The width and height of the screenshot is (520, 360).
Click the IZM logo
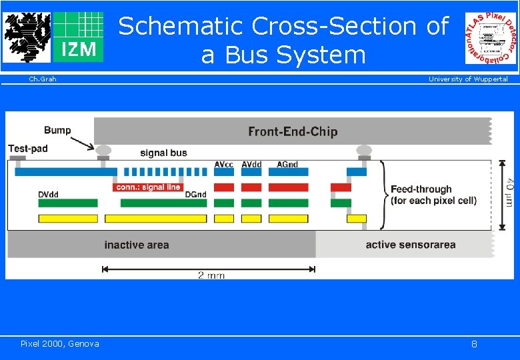point(78,37)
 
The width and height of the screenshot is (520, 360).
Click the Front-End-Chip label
point(293,131)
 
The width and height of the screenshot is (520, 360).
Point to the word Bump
point(57,130)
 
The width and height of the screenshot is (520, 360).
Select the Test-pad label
point(28,149)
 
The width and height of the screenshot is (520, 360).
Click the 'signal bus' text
point(163,153)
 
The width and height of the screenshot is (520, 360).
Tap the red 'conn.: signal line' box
point(148,187)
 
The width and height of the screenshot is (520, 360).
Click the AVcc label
point(224,164)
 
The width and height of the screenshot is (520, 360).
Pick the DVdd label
point(49,195)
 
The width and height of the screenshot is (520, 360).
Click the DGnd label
point(196,195)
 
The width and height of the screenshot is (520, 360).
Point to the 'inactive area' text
point(137,245)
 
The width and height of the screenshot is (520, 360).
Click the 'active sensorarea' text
point(410,245)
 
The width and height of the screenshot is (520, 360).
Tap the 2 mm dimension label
point(211,275)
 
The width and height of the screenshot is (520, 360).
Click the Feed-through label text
point(421,189)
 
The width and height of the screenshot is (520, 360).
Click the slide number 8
point(474,344)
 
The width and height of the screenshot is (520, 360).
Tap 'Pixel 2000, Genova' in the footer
point(59,343)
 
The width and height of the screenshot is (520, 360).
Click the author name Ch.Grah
point(43,79)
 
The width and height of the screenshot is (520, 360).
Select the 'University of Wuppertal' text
point(467,79)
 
